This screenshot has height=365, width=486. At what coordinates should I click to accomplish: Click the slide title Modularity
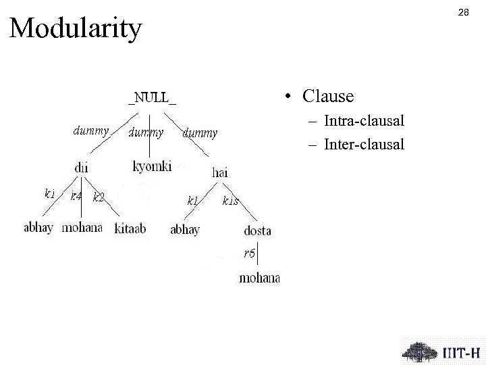(76, 28)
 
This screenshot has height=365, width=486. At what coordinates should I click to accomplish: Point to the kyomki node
(152, 166)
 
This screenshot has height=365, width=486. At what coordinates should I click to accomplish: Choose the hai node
(219, 173)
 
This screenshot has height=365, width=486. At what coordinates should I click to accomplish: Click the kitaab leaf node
(132, 228)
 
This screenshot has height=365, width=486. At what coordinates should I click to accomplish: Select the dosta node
(257, 230)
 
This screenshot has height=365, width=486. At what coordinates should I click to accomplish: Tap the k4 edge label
(76, 197)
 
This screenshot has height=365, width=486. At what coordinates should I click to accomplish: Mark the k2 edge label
(99, 197)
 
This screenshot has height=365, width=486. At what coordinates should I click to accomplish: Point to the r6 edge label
(250, 253)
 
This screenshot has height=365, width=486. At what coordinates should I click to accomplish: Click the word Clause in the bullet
(328, 97)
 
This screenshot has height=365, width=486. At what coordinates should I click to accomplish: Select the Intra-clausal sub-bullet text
(364, 122)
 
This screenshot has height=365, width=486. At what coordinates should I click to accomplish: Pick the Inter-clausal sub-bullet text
(364, 144)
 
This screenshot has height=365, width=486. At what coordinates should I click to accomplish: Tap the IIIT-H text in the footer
(462, 352)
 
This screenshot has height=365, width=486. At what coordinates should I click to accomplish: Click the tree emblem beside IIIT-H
(419, 351)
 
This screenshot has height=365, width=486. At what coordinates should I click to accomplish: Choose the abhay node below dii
(38, 228)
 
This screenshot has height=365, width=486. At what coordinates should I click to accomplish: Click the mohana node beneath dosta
(259, 278)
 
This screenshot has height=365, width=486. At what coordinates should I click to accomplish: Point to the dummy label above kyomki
(146, 133)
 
